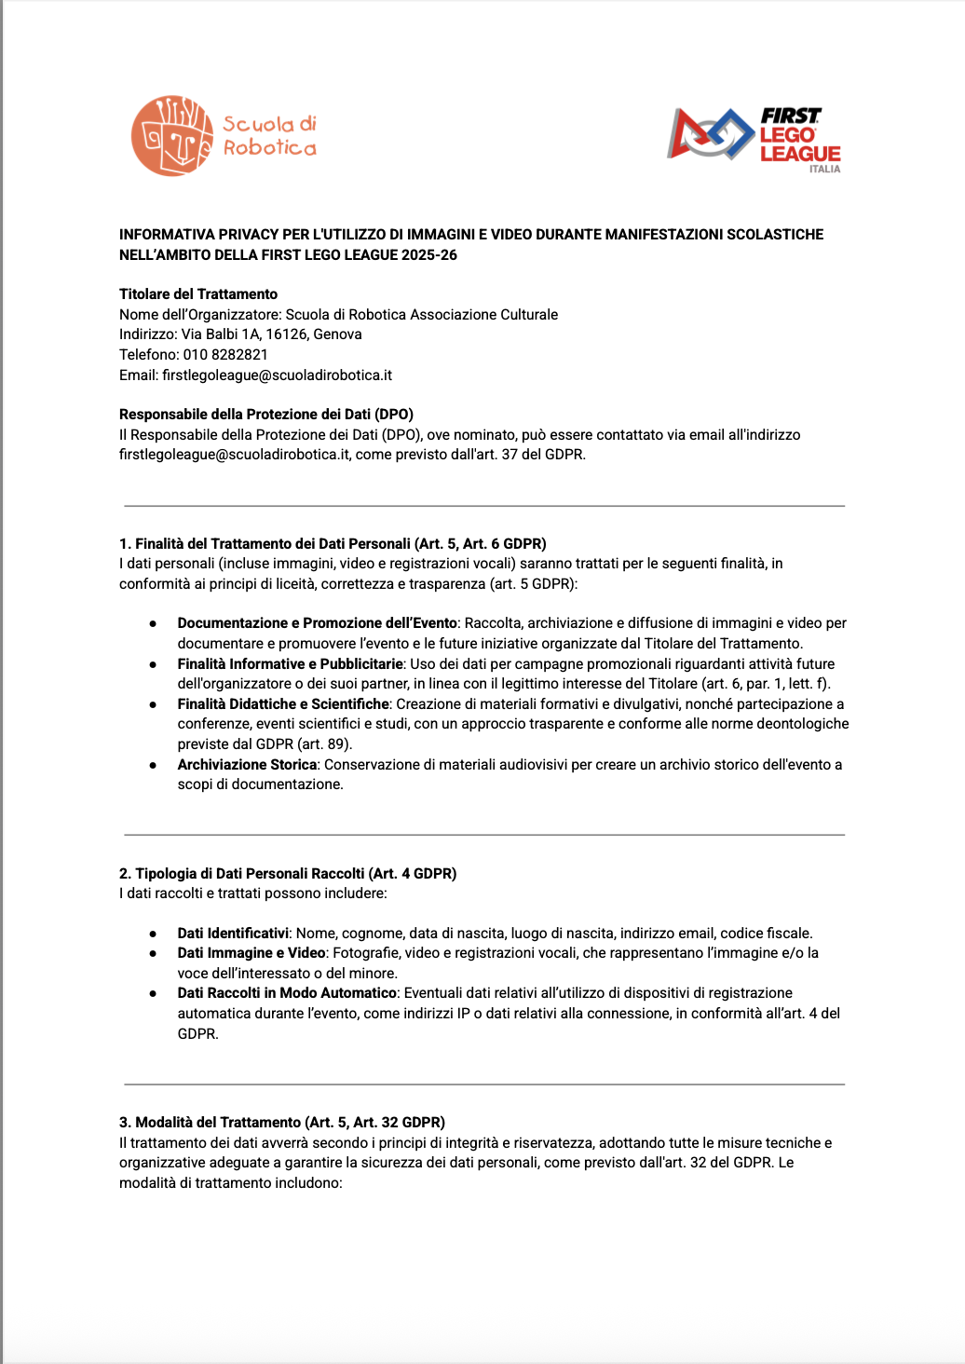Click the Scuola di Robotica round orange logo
pyautogui.click(x=172, y=136)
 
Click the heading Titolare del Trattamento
pyautogui.click(x=198, y=294)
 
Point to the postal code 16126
pyautogui.click(x=285, y=334)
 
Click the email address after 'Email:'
pyautogui.click(x=277, y=375)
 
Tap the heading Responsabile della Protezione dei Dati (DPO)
pyautogui.click(x=266, y=415)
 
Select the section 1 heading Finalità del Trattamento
pyautogui.click(x=333, y=544)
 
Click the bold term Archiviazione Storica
pyautogui.click(x=247, y=765)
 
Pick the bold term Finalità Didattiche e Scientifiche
pyautogui.click(x=283, y=704)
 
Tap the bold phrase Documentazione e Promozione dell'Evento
pyautogui.click(x=317, y=623)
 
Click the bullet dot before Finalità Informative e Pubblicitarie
pyautogui.click(x=153, y=664)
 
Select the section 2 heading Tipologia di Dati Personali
pyautogui.click(x=288, y=874)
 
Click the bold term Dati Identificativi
pyautogui.click(x=233, y=934)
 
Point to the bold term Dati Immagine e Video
pyautogui.click(x=251, y=953)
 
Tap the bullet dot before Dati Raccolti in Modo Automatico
pyautogui.click(x=153, y=993)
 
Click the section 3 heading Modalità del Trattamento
pyautogui.click(x=282, y=1123)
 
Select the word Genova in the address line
pyautogui.click(x=337, y=334)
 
